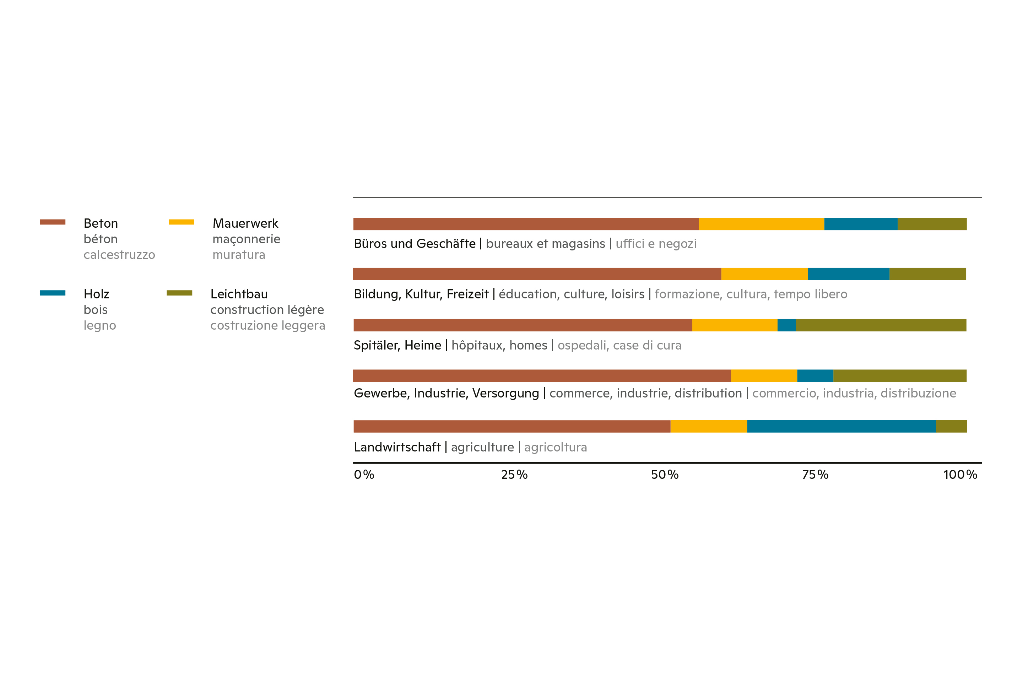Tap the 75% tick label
[x=815, y=475]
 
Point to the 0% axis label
[x=364, y=475]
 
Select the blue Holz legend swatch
[x=53, y=293]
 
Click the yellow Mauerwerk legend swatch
[x=182, y=222]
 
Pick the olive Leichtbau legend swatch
[x=179, y=293]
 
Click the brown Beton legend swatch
[x=53, y=222]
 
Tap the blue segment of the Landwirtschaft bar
[x=841, y=426]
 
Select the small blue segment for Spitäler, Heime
[x=786, y=325]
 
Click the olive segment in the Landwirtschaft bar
[x=951, y=426]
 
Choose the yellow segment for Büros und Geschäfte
[x=761, y=224]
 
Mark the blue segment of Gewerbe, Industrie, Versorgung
[x=815, y=376]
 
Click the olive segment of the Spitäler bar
[x=881, y=325]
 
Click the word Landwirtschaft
[x=397, y=447]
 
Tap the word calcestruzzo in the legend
[x=119, y=255]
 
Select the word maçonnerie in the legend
[x=246, y=239]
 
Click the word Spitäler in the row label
[x=377, y=345]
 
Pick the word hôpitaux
[x=477, y=345]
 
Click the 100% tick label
[x=960, y=475]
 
